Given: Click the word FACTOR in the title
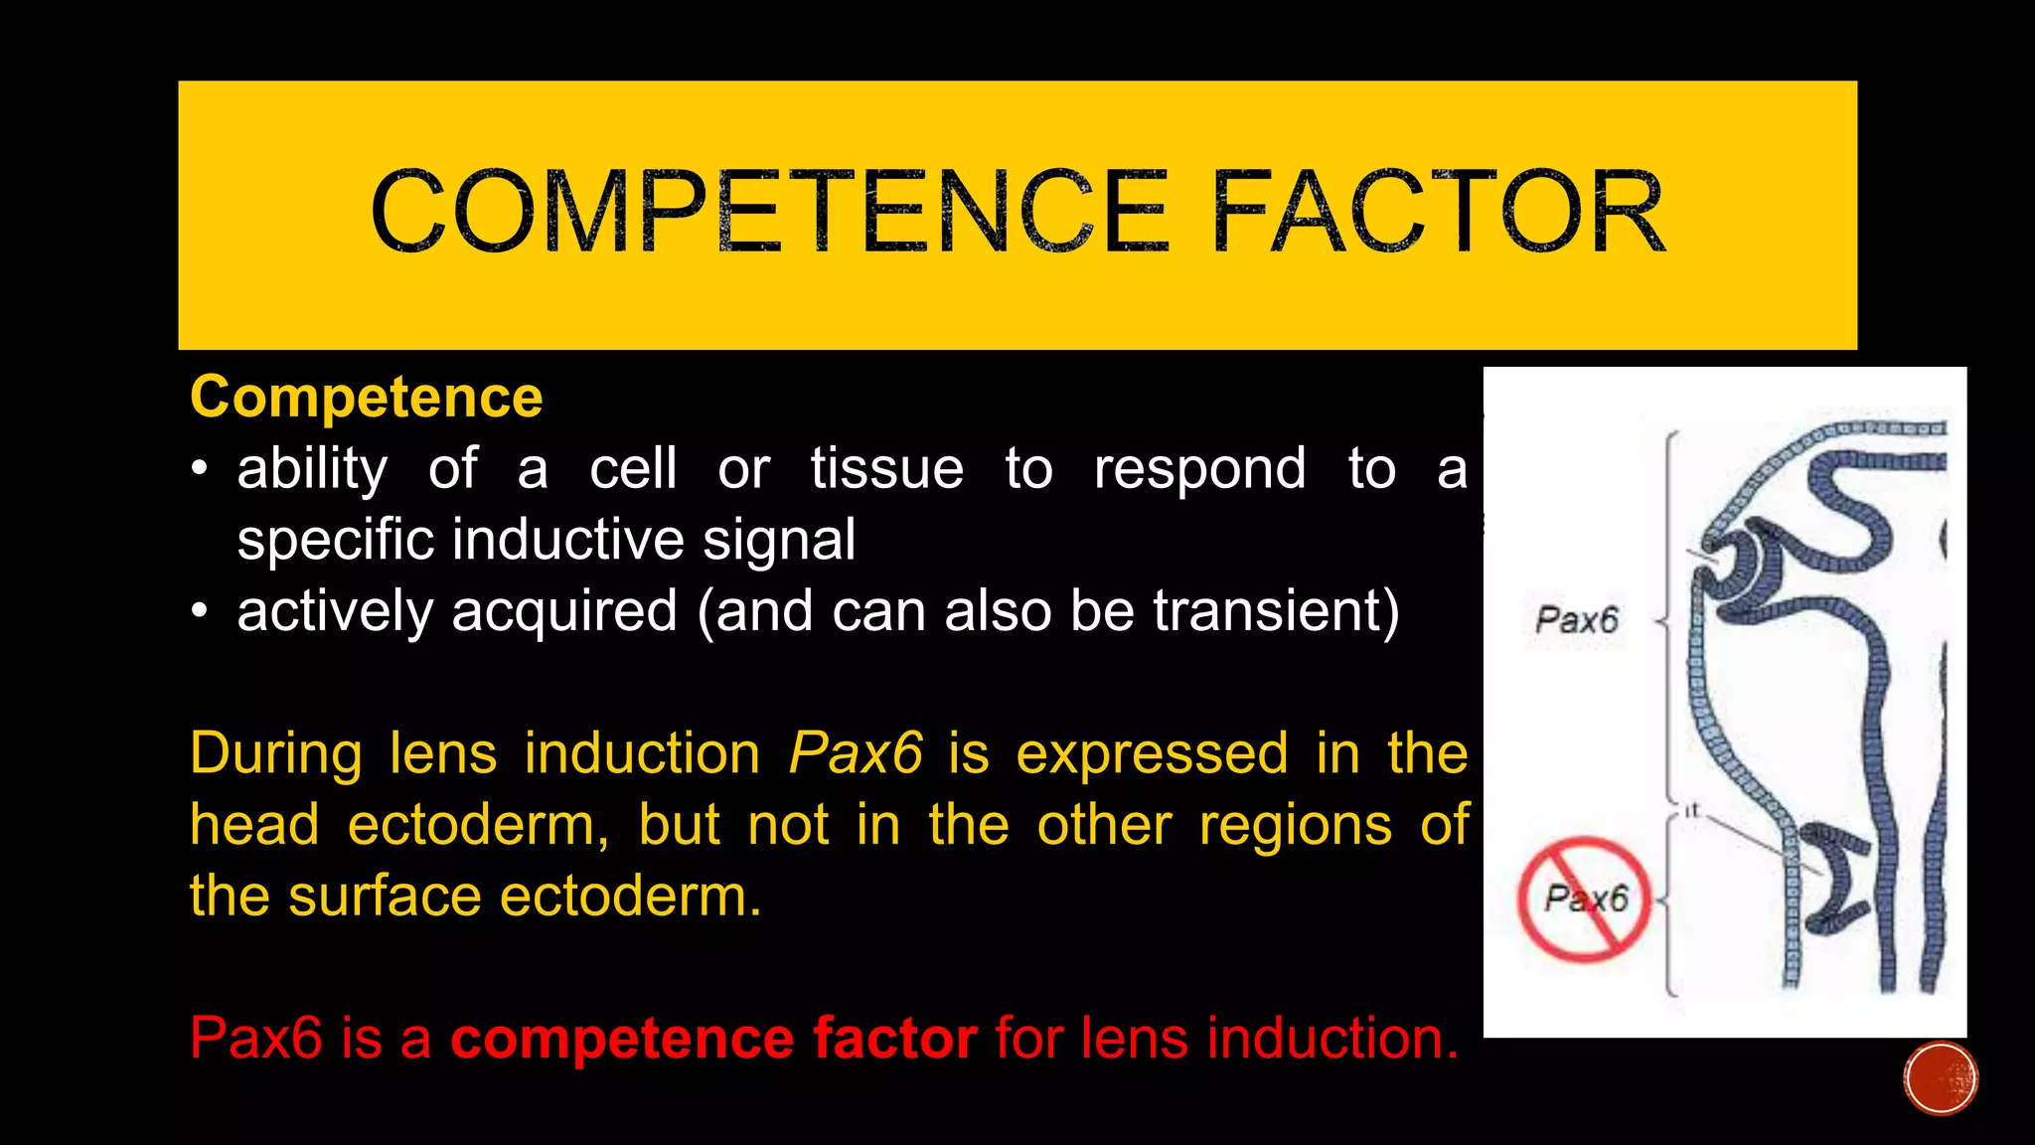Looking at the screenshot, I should [1437, 212].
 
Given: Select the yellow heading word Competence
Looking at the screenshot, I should [366, 398].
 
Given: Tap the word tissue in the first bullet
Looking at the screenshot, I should [886, 468].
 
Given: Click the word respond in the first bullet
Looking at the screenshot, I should [1199, 468].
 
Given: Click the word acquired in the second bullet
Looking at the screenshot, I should [564, 610].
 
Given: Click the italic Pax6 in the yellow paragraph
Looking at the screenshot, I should [856, 753].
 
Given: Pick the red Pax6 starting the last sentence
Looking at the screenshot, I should [256, 1039].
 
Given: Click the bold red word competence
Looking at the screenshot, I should [621, 1039].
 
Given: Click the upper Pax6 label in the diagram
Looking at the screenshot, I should [1576, 620].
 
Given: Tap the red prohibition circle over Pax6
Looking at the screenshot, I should [1584, 899].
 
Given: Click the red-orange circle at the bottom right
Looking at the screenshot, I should [1940, 1078].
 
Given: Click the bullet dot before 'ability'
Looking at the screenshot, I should [200, 469].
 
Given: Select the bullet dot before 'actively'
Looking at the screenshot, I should [200, 611].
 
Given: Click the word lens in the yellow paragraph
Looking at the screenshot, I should [442, 753].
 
